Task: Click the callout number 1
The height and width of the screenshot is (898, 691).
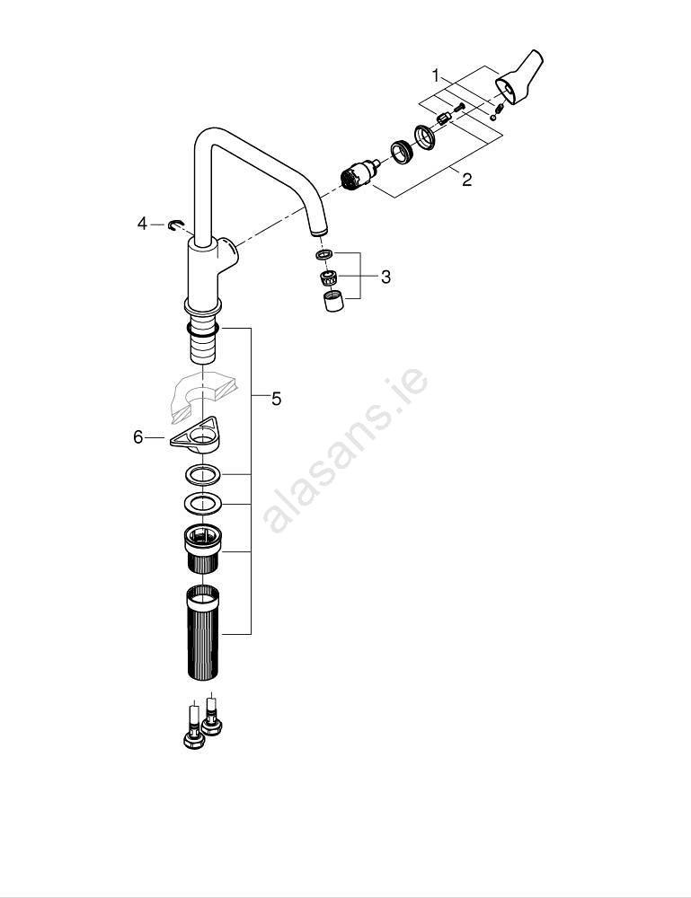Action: click(436, 75)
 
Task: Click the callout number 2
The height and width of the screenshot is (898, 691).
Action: click(467, 180)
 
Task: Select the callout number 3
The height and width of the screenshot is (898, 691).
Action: click(385, 277)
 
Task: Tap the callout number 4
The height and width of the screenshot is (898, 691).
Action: click(142, 224)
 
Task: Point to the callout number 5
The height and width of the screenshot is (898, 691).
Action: click(276, 399)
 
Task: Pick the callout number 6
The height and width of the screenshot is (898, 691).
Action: click(138, 437)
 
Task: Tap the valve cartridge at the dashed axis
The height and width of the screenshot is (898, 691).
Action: click(359, 175)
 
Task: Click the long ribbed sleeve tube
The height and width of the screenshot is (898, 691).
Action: click(203, 633)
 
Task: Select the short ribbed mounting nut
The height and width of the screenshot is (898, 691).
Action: click(202, 548)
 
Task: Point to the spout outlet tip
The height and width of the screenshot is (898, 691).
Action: click(320, 230)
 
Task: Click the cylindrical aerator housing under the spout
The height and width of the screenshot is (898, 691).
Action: click(333, 301)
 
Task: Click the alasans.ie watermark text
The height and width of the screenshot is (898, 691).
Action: click(345, 450)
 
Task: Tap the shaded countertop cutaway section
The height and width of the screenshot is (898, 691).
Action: click(204, 395)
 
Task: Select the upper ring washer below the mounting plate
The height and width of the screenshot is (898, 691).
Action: click(202, 475)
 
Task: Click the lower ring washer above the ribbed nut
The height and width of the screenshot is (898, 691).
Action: click(202, 503)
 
